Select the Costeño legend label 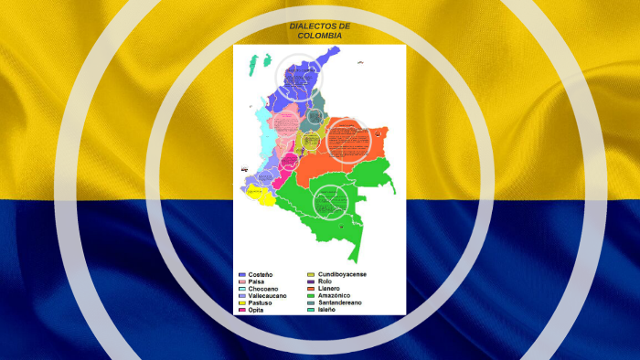(261, 274)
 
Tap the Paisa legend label (257, 281)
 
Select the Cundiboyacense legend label (344, 274)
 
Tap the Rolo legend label (325, 281)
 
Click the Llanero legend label (330, 289)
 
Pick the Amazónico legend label (336, 296)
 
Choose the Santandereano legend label (340, 303)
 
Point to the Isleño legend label (327, 311)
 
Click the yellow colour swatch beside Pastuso (241, 303)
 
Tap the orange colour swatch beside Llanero (310, 289)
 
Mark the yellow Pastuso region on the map (259, 193)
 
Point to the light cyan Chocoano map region (262, 128)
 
